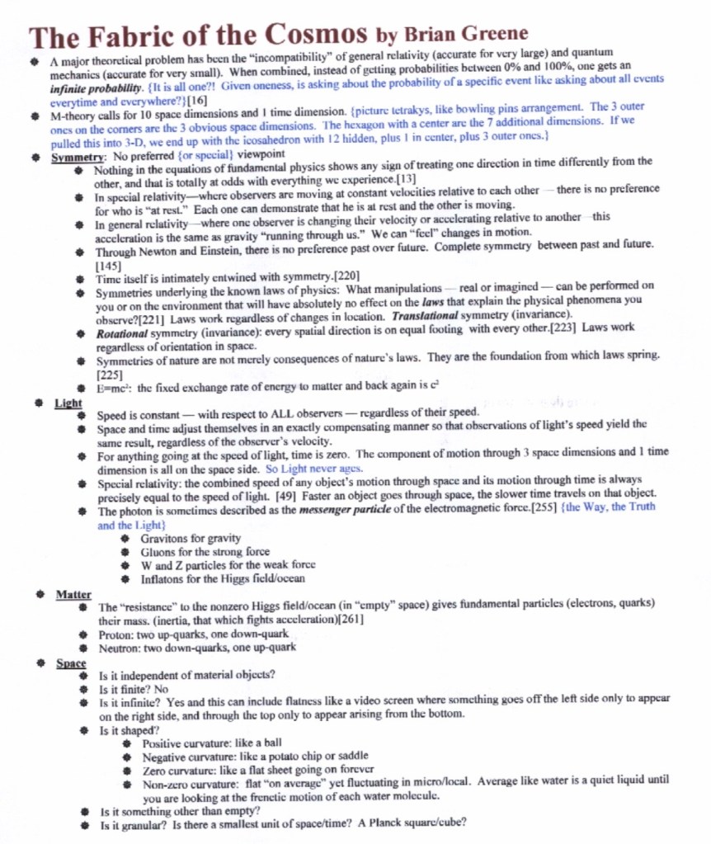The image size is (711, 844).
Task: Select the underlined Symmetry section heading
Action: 77,155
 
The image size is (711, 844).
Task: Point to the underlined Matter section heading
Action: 73,594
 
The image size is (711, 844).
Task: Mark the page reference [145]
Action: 109,266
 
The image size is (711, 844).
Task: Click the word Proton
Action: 116,634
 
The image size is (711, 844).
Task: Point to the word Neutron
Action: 120,647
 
